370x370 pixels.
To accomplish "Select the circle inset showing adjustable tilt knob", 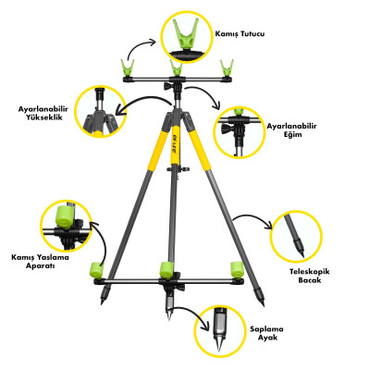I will click(240, 132).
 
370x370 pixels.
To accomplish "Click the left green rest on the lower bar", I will click(94, 271).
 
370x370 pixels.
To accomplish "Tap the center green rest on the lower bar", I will click(166, 269).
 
